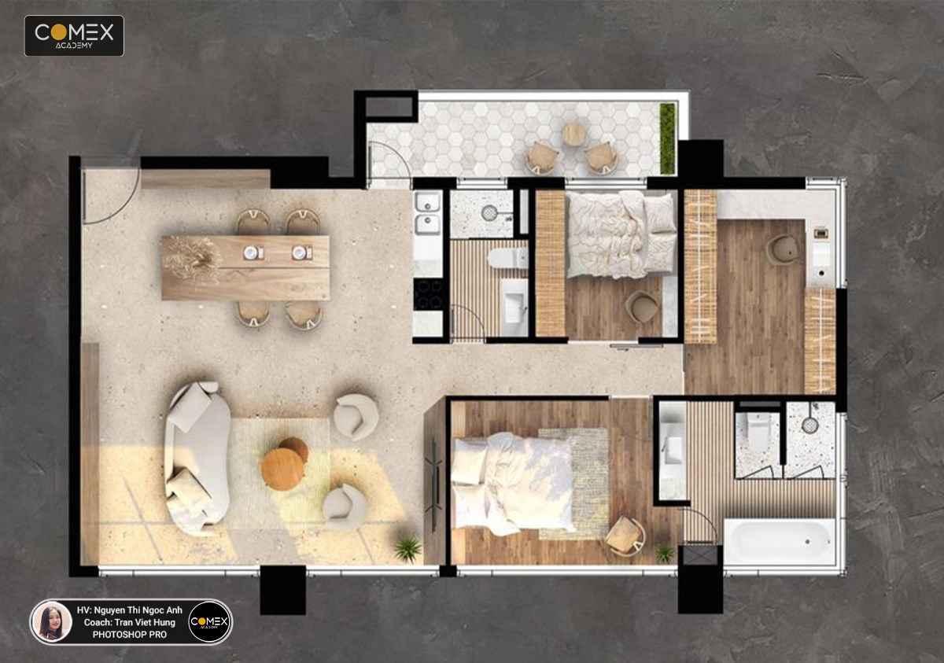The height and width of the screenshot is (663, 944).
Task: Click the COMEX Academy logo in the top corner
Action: pyautogui.click(x=74, y=36)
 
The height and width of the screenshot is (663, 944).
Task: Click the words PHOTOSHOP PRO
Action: pyautogui.click(x=129, y=635)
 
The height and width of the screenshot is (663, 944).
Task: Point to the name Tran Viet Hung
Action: pyautogui.click(x=145, y=622)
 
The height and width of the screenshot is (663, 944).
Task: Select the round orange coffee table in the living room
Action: pyautogui.click(x=282, y=469)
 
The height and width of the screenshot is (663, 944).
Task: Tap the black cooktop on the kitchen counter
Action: pyautogui.click(x=429, y=294)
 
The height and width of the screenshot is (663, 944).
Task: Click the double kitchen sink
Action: pyautogui.click(x=428, y=213)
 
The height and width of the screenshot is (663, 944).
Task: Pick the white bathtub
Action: pyautogui.click(x=780, y=541)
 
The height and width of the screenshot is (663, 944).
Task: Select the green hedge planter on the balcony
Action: pyautogui.click(x=667, y=138)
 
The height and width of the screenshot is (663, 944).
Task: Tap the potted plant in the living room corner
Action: pyautogui.click(x=407, y=547)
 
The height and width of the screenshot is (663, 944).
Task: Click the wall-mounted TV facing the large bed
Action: pyautogui.click(x=434, y=484)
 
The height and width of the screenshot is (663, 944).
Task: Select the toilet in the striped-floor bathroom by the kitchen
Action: pyautogui.click(x=508, y=258)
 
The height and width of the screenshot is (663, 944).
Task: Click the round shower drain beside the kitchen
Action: pyautogui.click(x=489, y=212)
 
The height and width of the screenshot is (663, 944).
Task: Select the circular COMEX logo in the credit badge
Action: pyautogui.click(x=209, y=621)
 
